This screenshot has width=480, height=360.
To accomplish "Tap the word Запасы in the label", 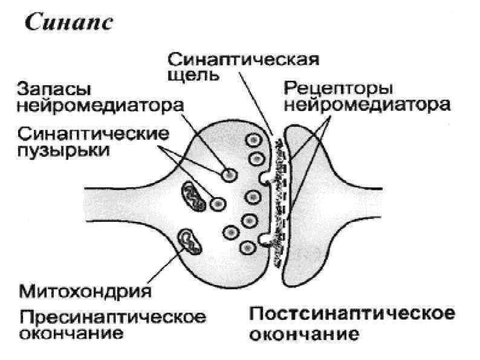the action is [51, 91].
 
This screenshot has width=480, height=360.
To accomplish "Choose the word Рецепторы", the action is [337, 90].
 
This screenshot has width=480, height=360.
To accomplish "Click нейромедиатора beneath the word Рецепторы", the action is [368, 106].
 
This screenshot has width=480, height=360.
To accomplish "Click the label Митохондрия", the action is [85, 293].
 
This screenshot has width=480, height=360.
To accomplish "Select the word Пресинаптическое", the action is [112, 317].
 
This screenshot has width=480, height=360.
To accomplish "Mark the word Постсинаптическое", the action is [352, 316].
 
